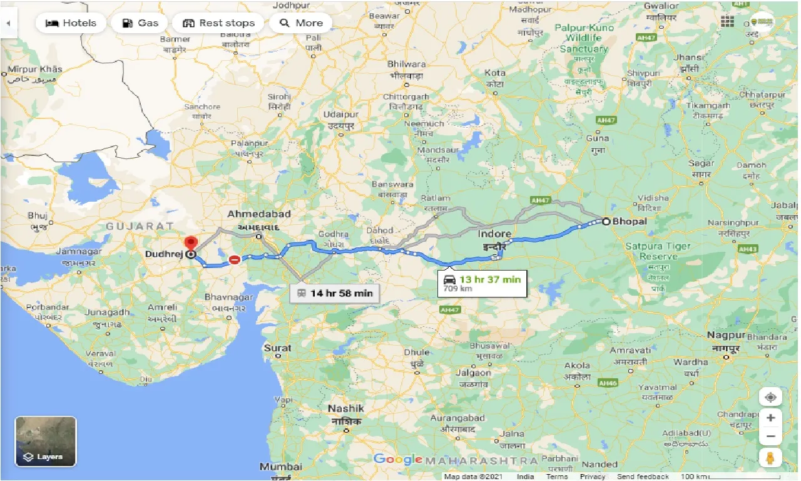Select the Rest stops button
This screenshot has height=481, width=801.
click(219, 23)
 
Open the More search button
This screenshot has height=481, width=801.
click(300, 23)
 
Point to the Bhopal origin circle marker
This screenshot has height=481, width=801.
click(606, 221)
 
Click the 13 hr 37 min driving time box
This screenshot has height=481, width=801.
click(482, 282)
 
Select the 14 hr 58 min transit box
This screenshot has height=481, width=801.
click(334, 292)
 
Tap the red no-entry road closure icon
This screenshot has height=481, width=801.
click(234, 259)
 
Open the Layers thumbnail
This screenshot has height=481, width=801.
click(46, 442)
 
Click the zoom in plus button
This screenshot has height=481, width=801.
click(770, 418)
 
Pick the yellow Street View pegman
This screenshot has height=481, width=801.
click(770, 457)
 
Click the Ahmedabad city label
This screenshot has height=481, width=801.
click(258, 214)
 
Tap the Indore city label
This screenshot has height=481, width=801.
click(494, 234)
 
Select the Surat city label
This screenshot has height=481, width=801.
click(277, 348)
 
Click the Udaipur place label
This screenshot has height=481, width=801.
click(341, 115)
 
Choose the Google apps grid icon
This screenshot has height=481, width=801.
click(727, 22)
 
